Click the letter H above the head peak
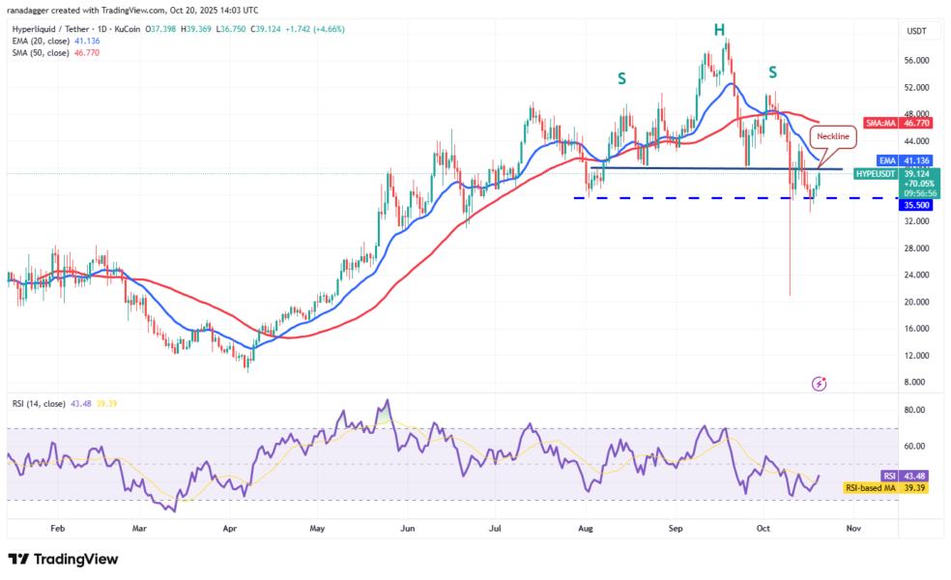coord(719,30)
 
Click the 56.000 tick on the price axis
coord(915,60)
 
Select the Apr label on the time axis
coord(229,529)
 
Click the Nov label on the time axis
coord(851,529)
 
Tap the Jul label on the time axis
coord(495,529)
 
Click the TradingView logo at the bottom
coord(63,559)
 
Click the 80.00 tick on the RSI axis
coord(915,410)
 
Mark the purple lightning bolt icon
coord(820,384)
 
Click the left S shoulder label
coord(622,77)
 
